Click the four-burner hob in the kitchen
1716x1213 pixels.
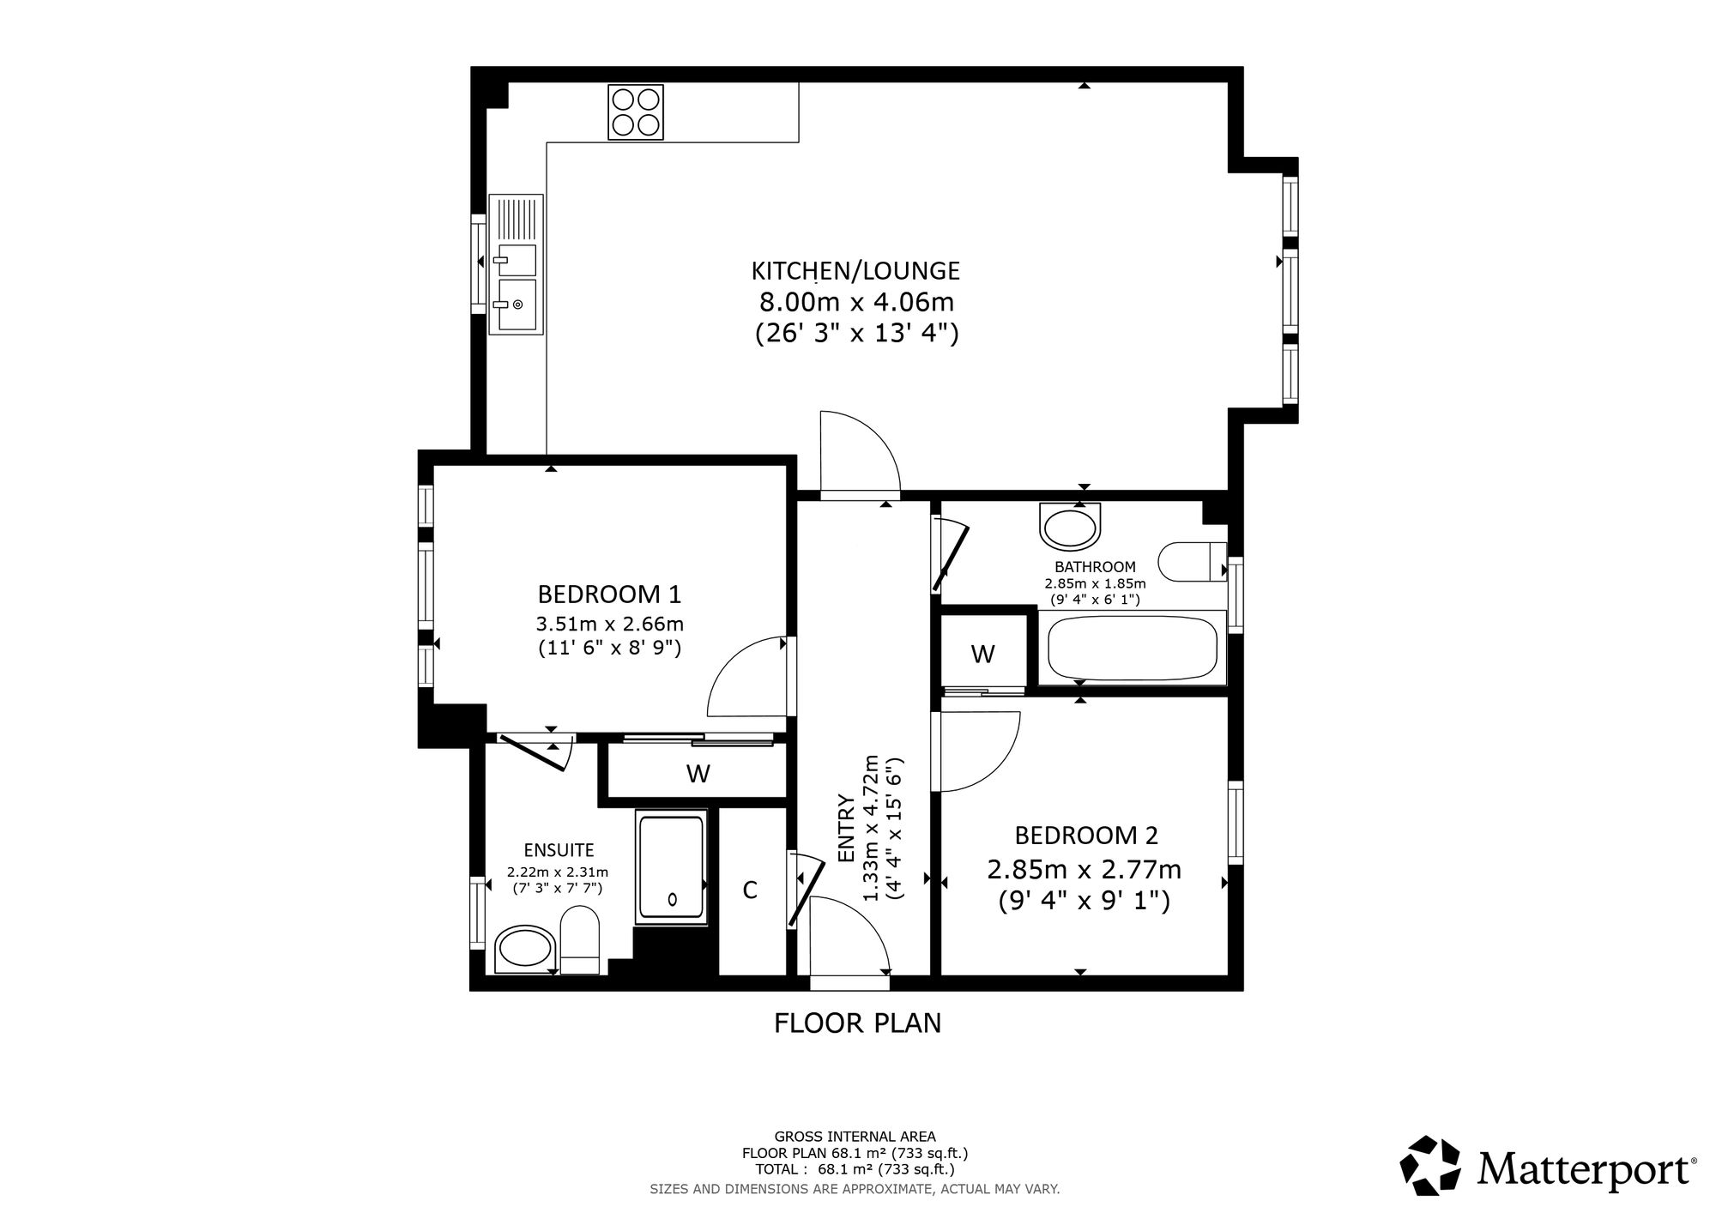click(x=636, y=112)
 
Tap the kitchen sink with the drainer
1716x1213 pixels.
click(x=517, y=263)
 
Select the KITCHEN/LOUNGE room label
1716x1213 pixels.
click(x=855, y=271)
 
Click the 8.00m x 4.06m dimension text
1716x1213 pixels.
click(x=856, y=302)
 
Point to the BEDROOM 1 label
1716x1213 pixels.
click(x=609, y=594)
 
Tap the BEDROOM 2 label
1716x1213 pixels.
click(x=1086, y=835)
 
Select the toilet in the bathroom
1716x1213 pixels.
click(x=1193, y=562)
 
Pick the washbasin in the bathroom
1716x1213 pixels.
click(x=1069, y=526)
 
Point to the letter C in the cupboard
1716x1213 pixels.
click(x=750, y=890)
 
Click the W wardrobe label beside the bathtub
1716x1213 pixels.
click(x=982, y=655)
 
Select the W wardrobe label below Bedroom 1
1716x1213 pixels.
click(x=698, y=774)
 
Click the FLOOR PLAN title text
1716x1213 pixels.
click(x=858, y=1023)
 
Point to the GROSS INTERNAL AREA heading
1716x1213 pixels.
click(x=855, y=1137)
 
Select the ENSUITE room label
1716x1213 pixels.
click(x=559, y=850)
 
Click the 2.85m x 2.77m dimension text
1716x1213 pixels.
click(x=1085, y=870)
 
